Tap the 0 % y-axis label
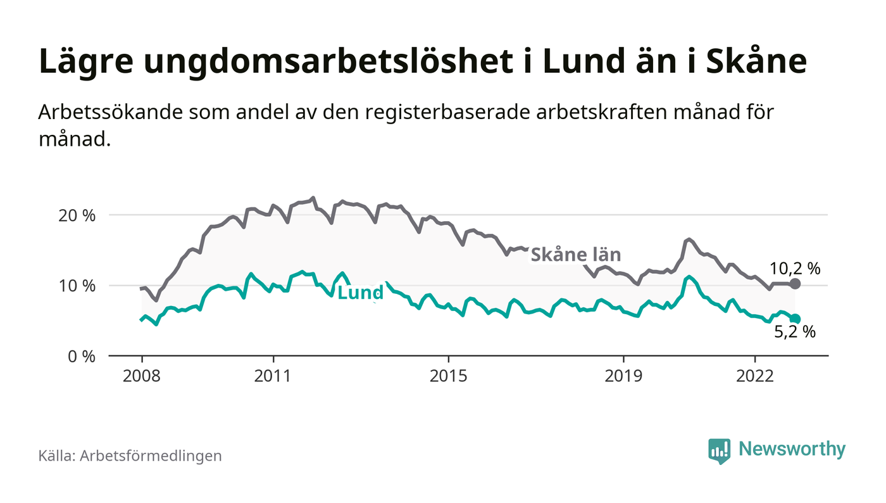pos(82,357)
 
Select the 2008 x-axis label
pos(142,376)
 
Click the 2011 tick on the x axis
pos(273,376)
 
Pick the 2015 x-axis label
pos(449,376)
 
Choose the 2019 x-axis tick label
pos(624,376)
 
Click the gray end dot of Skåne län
pos(796,284)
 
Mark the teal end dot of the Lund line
pos(796,319)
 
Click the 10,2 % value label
pos(795,268)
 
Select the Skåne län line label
pos(575,255)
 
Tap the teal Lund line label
pos(361,293)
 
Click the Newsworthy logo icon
pos(719,450)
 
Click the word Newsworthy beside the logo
pos(792,449)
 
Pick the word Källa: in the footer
pos(56,455)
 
